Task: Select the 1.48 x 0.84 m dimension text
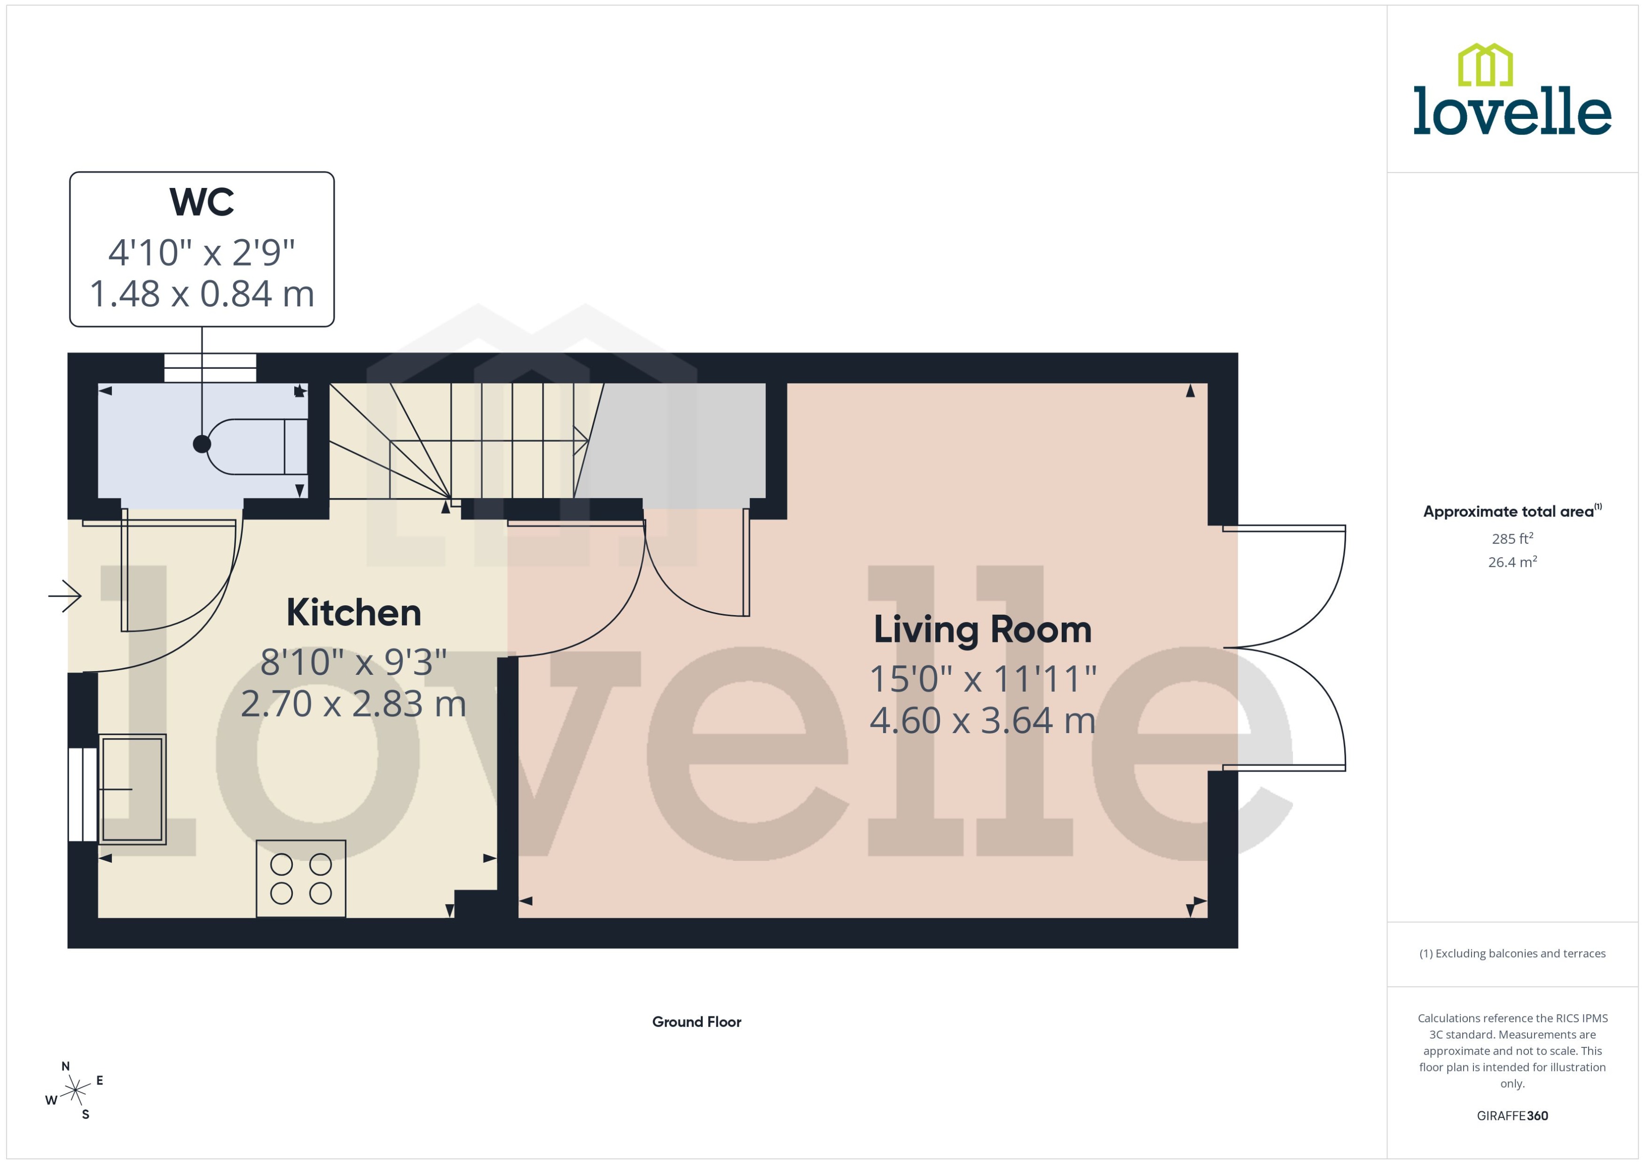(x=202, y=294)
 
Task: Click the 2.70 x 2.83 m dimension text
(x=353, y=704)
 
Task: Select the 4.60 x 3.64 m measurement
(x=982, y=720)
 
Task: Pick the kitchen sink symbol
(x=132, y=789)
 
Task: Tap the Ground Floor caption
(x=696, y=1021)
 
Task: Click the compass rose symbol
(x=75, y=1091)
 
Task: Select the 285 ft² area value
(x=1512, y=538)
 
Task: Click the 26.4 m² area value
(x=1512, y=562)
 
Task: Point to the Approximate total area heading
(x=1511, y=511)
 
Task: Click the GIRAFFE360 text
(x=1512, y=1115)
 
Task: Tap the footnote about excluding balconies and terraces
(x=1512, y=953)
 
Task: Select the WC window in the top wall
(x=210, y=367)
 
